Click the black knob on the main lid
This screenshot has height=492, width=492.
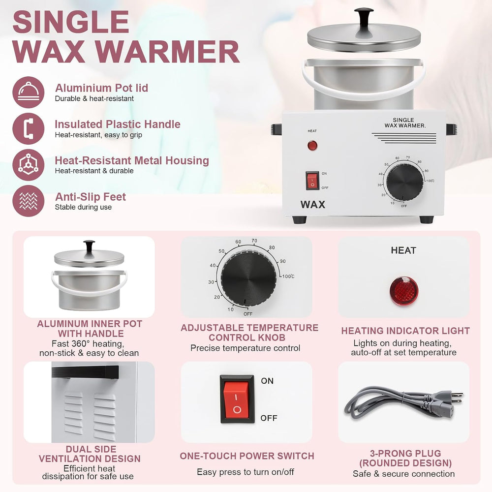click(364, 18)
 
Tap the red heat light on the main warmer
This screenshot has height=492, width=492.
click(312, 146)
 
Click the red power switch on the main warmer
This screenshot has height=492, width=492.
click(312, 181)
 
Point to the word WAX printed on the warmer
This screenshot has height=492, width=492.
click(312, 205)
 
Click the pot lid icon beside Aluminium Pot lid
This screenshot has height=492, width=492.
click(29, 92)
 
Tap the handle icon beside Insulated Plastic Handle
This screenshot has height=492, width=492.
click(29, 128)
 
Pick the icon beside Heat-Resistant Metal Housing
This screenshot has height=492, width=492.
click(29, 165)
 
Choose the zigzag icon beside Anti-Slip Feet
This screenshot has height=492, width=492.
click(29, 201)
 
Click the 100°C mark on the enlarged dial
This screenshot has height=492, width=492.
click(288, 277)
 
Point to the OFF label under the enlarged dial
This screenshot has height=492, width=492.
click(248, 314)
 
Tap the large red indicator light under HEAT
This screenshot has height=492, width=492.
click(404, 291)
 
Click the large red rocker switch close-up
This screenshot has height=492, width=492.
click(237, 399)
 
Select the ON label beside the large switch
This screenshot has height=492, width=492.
click(267, 381)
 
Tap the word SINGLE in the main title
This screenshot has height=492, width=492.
click(71, 22)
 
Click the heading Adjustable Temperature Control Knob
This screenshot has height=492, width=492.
click(249, 333)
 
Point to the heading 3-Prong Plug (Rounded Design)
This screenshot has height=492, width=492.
click(405, 458)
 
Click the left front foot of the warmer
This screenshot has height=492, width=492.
click(299, 219)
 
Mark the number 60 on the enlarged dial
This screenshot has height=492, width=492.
click(238, 242)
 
